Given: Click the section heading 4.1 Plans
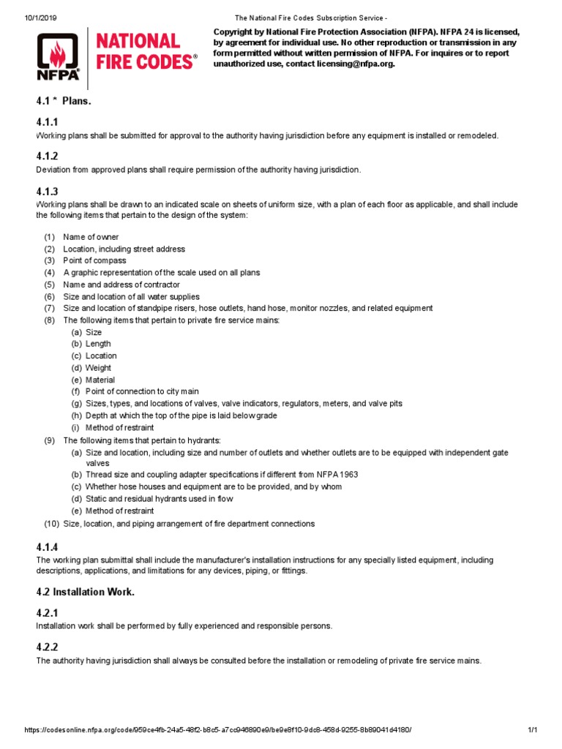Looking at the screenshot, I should (x=64, y=101).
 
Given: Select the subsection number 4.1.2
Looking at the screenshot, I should (x=47, y=157).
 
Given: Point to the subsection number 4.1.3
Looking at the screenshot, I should (x=47, y=192).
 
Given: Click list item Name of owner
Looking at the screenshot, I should (x=91, y=237).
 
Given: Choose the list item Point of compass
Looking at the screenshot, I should (x=94, y=260).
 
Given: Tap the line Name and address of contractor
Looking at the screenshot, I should (x=121, y=285).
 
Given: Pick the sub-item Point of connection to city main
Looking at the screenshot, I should (x=142, y=391).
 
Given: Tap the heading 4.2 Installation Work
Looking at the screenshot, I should (x=86, y=592).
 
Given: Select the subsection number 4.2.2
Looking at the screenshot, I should (x=47, y=647).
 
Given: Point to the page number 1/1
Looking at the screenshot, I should (x=532, y=731).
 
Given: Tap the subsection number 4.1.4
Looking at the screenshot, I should (x=47, y=547).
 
